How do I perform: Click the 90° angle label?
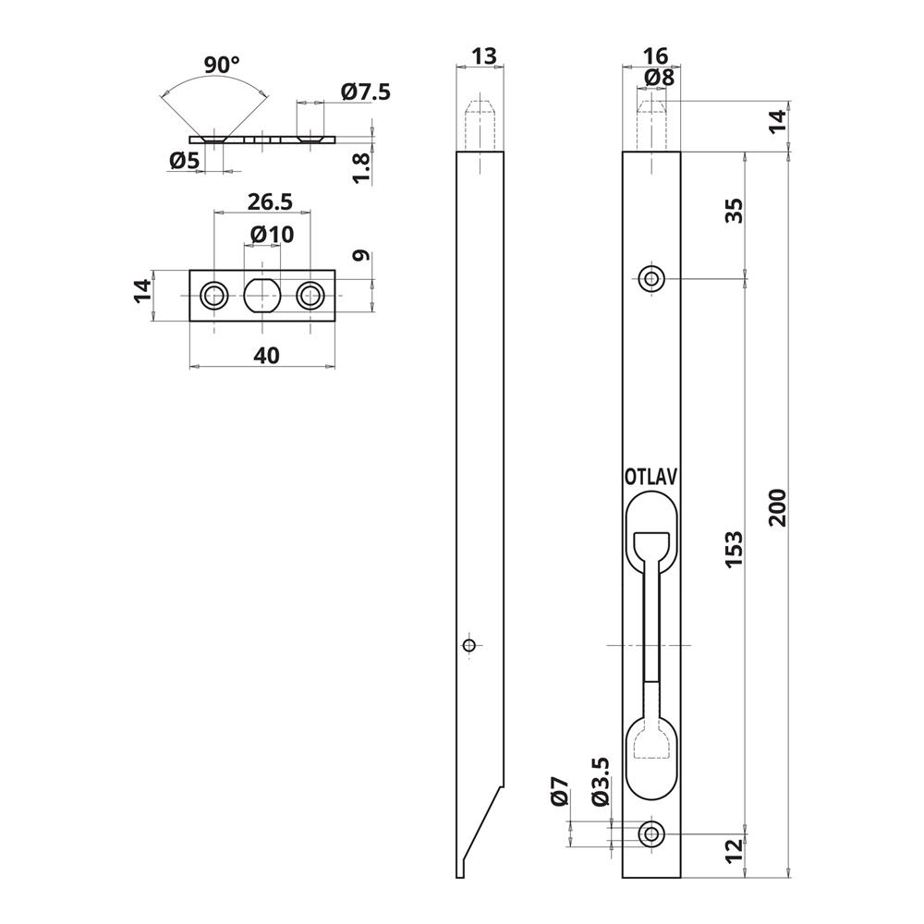click(x=222, y=65)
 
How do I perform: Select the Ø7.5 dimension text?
click(x=366, y=91)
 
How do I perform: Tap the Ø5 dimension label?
click(x=185, y=162)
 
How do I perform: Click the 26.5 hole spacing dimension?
click(x=267, y=201)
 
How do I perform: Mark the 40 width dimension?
click(x=266, y=355)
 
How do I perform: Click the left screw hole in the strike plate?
click(x=214, y=296)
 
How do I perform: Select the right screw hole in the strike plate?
click(x=310, y=296)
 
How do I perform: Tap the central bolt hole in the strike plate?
click(x=262, y=296)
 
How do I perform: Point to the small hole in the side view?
click(x=469, y=645)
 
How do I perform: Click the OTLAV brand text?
click(x=651, y=477)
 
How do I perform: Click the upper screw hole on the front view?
click(x=653, y=278)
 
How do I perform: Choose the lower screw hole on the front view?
click(x=653, y=833)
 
